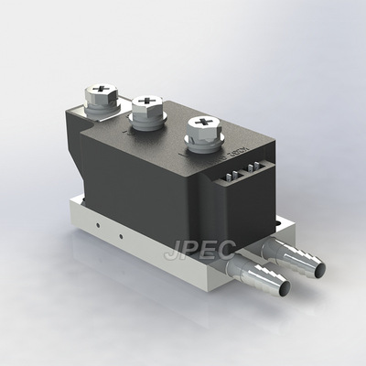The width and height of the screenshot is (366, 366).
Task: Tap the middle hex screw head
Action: (146, 108)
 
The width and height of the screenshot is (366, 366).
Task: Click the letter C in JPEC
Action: (230, 248)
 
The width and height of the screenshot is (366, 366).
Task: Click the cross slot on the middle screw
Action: (146, 103)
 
